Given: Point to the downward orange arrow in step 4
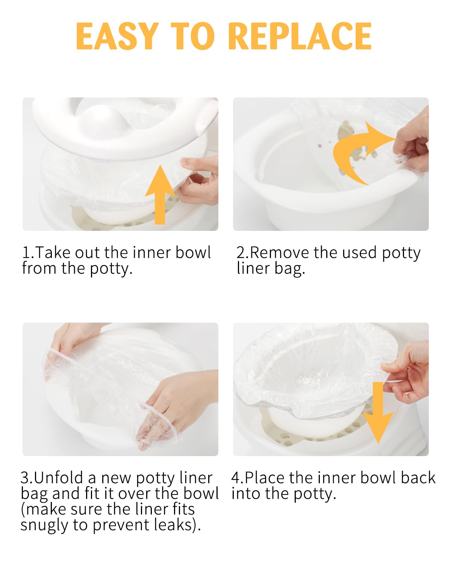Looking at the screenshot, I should (x=378, y=412).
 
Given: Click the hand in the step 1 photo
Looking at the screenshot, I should (x=201, y=177).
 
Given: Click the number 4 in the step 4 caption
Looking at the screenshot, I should (x=236, y=478).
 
